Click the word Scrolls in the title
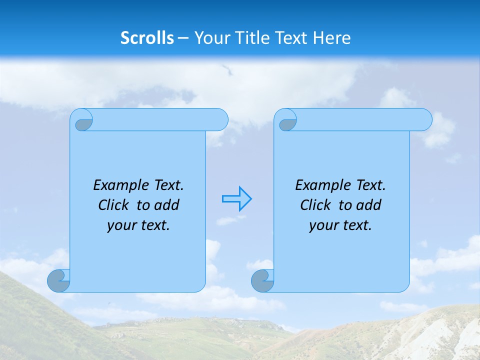pyautogui.click(x=147, y=38)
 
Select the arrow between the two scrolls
pyautogui.click(x=236, y=199)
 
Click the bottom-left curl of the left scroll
pyautogui.click(x=58, y=281)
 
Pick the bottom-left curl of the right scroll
pyautogui.click(x=262, y=281)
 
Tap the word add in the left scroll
pyautogui.click(x=167, y=205)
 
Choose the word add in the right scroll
pyautogui.click(x=369, y=205)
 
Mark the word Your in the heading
pyautogui.click(x=209, y=38)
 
